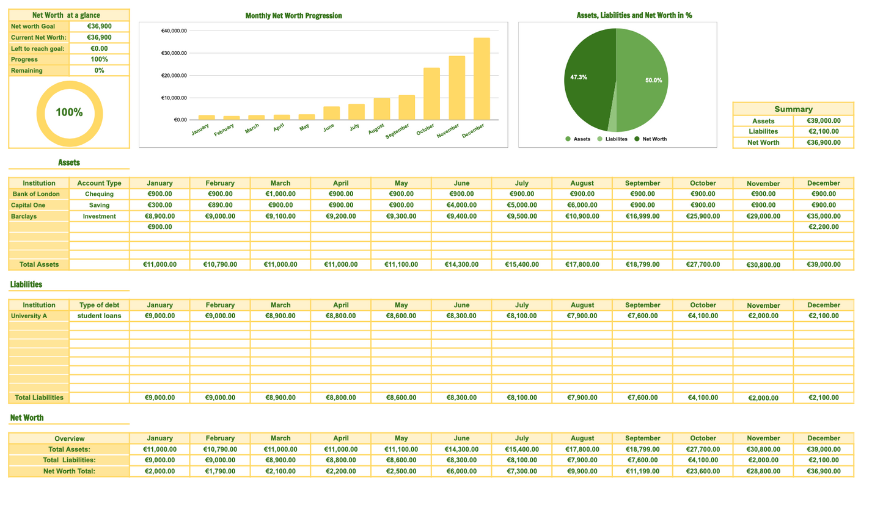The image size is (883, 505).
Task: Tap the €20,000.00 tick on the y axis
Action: click(174, 76)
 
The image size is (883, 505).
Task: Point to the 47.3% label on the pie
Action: click(579, 78)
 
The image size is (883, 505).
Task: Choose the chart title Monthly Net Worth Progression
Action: click(293, 15)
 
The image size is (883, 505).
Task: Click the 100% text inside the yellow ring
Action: click(69, 112)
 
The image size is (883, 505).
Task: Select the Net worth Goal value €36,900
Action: click(99, 26)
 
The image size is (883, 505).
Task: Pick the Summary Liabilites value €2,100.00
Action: click(823, 131)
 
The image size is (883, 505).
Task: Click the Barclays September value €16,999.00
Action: click(642, 216)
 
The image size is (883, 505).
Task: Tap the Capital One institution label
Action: click(28, 205)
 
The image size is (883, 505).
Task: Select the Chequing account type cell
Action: click(99, 194)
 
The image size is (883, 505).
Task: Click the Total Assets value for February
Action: click(220, 265)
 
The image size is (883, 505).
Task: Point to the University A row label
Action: click(29, 316)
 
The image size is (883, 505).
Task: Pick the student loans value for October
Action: click(703, 316)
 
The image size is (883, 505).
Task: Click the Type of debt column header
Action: click(99, 305)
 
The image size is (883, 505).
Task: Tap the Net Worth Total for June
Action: click(461, 471)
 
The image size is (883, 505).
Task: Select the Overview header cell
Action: click(69, 438)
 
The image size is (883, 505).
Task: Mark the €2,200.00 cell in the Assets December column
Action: click(823, 227)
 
